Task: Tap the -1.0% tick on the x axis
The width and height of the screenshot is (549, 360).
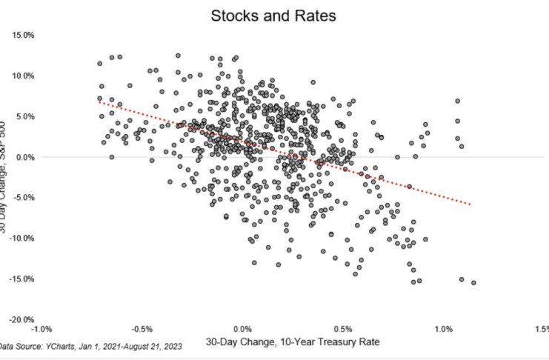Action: (41, 329)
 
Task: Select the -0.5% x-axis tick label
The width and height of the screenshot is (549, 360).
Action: (142, 329)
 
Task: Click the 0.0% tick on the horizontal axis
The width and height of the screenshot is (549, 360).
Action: (242, 329)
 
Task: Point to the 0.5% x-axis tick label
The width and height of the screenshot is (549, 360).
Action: (343, 329)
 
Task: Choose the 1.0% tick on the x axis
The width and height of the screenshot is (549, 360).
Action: (443, 329)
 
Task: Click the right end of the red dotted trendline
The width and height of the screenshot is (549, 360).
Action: (470, 204)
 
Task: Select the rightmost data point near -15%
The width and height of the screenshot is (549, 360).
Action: (473, 283)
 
